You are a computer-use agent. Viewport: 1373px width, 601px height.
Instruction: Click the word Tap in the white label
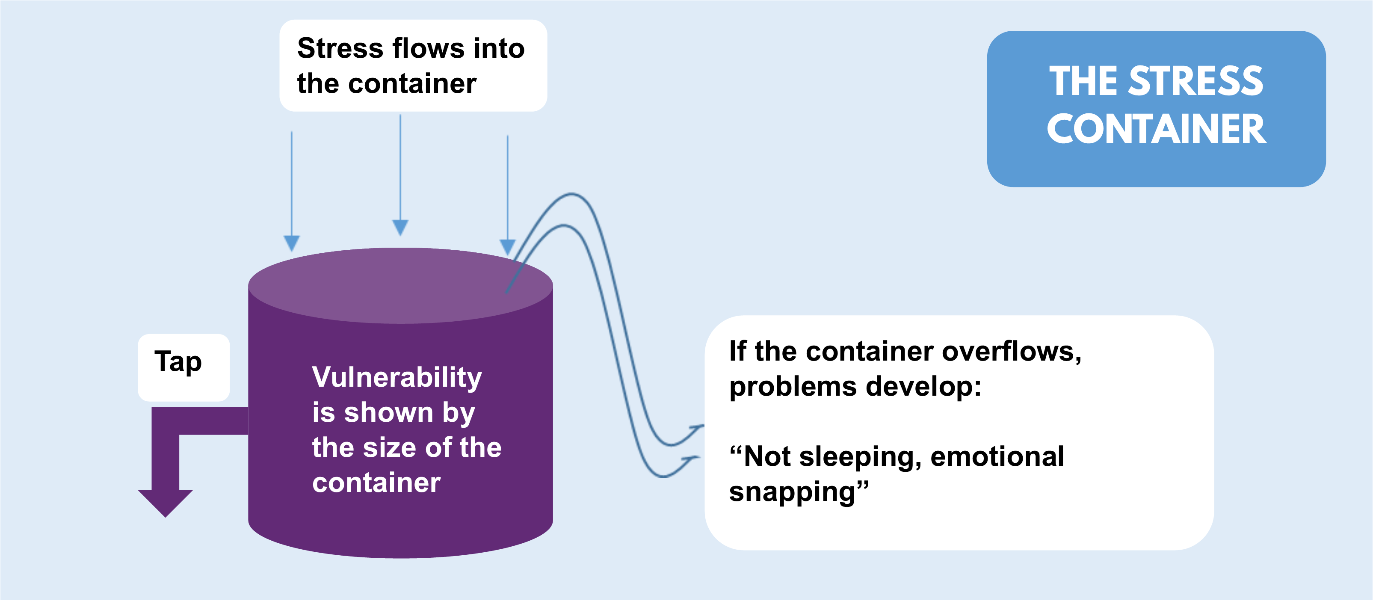(178, 362)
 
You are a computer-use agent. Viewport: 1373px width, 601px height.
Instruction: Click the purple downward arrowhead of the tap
(165, 503)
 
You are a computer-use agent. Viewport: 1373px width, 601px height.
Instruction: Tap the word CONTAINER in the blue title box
(1156, 130)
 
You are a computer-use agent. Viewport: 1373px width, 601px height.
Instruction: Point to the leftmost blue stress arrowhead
(292, 243)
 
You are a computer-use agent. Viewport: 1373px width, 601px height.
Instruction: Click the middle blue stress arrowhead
(400, 228)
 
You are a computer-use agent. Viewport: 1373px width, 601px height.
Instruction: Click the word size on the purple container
(390, 447)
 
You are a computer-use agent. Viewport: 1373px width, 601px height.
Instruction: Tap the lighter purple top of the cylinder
(400, 286)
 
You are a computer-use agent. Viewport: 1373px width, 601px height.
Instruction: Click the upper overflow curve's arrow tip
(704, 425)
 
